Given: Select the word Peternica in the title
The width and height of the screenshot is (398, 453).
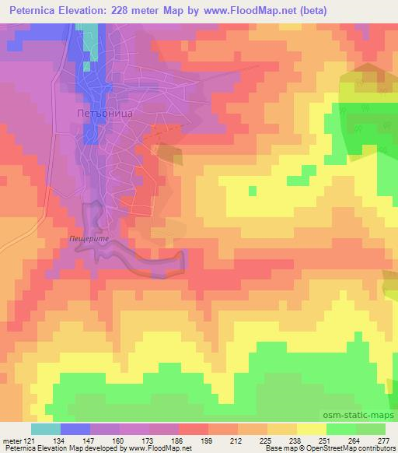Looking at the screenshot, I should pos(33,11).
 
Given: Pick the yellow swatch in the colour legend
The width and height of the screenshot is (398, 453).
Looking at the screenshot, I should pos(311,429).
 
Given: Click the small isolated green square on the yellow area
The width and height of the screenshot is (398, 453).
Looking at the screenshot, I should pos(252,190).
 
